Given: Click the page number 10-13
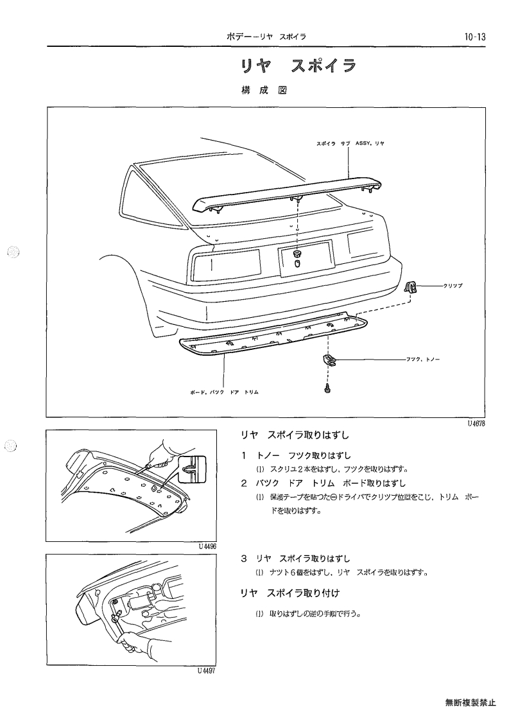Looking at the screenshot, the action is [475, 37].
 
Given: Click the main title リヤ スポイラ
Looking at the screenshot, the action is [299, 66].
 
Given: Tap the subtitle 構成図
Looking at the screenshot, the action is [264, 90].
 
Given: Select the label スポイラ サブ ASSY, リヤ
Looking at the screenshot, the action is [350, 143].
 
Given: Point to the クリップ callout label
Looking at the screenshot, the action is [453, 286].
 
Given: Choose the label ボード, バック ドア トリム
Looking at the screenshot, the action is [224, 392].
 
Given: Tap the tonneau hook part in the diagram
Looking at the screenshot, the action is [328, 360].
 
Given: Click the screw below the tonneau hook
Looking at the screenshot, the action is [327, 389].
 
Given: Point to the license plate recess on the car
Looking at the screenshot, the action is [306, 259].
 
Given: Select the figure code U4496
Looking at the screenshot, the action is [207, 546].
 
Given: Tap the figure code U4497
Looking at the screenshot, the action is [207, 670].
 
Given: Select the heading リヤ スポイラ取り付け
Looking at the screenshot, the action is [290, 593].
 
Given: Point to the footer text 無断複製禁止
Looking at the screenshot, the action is [470, 702].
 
